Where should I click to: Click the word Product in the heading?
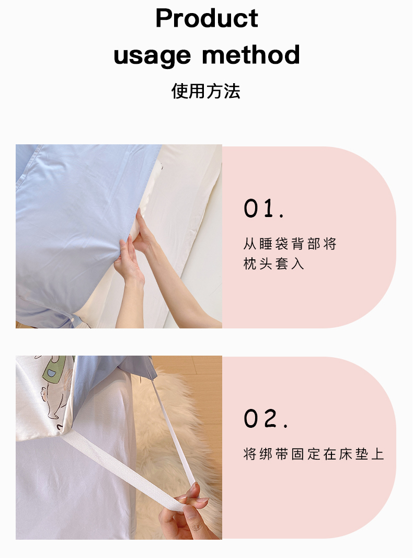pyautogui.click(x=206, y=18)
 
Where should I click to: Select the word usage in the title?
pyautogui.click(x=152, y=55)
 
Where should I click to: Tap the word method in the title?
pyautogui.click(x=251, y=54)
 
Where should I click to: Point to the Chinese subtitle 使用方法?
pyautogui.click(x=206, y=91)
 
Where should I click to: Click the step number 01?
pyautogui.click(x=263, y=208)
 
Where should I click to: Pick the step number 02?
pyautogui.click(x=266, y=418)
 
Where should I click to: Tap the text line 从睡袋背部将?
pyautogui.click(x=290, y=244)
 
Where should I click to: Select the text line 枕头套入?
pyautogui.click(x=274, y=264)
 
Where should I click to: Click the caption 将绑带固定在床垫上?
pyautogui.click(x=314, y=454)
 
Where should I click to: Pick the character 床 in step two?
pyautogui.click(x=346, y=454)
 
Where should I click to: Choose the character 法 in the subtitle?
pyautogui.click(x=232, y=91)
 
